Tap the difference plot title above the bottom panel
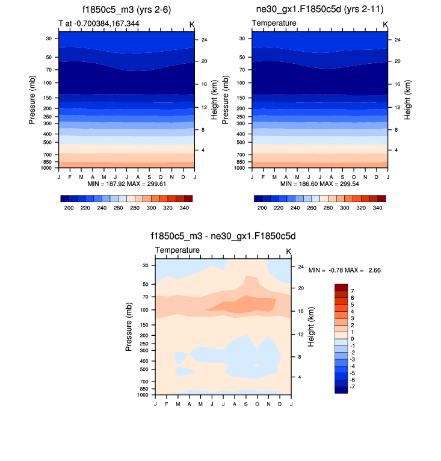pyautogui.click(x=223, y=237)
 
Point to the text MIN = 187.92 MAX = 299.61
pyautogui.click(x=126, y=183)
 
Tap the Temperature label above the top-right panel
pyautogui.click(x=274, y=23)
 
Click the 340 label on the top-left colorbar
pyautogui.click(x=185, y=208)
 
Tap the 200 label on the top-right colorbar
pyautogui.click(x=262, y=208)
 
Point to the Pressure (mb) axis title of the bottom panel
pyautogui.click(x=129, y=327)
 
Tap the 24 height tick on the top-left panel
pyautogui.click(x=205, y=40)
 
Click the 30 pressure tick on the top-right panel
pyautogui.click(x=242, y=38)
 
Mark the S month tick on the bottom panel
pyautogui.click(x=245, y=403)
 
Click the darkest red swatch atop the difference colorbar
pyautogui.click(x=341, y=287)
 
